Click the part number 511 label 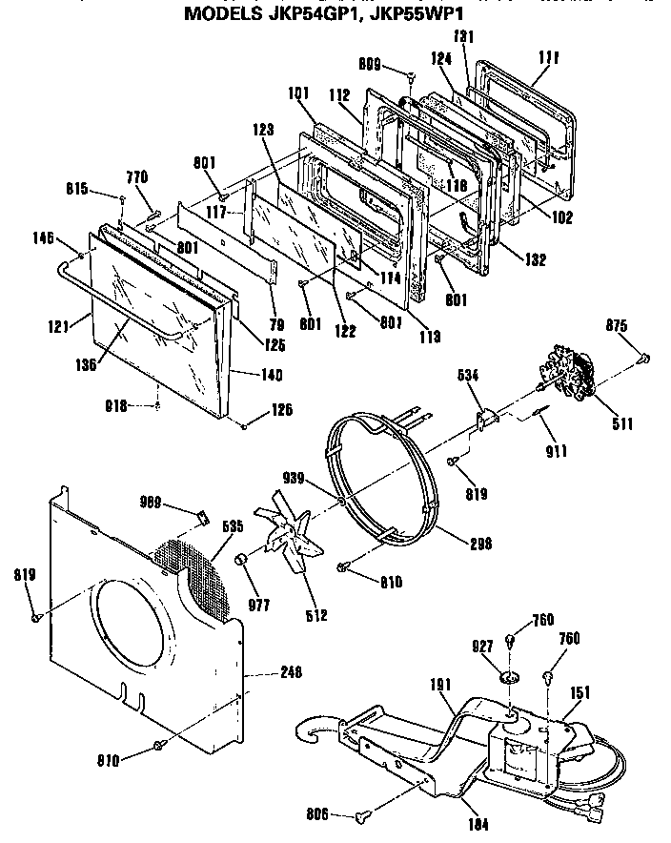[x=620, y=424]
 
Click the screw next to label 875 [x=643, y=358]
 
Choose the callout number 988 [x=151, y=503]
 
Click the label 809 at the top [x=369, y=65]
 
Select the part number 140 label [x=271, y=374]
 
